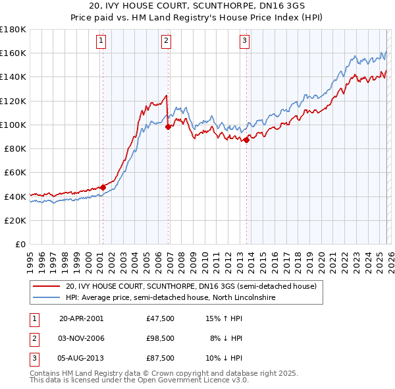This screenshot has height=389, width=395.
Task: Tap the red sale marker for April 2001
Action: click(x=103, y=187)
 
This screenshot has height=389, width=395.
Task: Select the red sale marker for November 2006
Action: click(x=169, y=127)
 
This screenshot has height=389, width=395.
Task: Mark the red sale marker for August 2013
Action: click(x=246, y=140)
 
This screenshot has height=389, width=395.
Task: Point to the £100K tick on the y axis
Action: click(x=14, y=125)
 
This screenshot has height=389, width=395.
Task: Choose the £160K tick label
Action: click(x=14, y=53)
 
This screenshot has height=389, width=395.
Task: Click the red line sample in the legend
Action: click(x=45, y=287)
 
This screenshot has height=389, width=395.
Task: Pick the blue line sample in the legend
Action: click(x=45, y=298)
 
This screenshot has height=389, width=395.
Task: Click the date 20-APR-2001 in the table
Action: click(x=82, y=318)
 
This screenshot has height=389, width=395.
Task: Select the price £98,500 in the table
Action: click(x=161, y=338)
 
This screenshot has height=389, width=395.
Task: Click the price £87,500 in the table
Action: click(x=161, y=359)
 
